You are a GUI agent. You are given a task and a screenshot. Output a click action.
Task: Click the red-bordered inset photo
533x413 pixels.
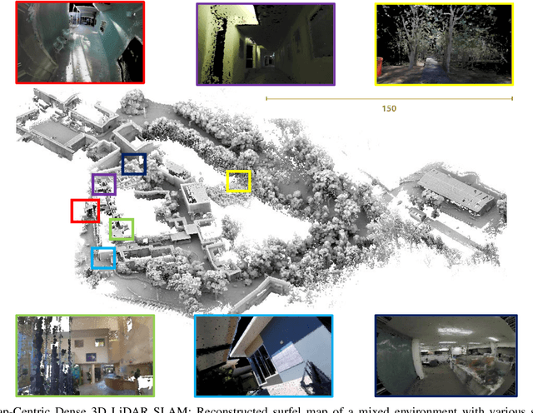(x=79, y=42)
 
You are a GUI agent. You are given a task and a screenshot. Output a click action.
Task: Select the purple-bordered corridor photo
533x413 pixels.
(x=265, y=43)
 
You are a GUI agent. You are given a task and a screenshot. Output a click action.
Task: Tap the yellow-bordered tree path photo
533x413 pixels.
(x=444, y=43)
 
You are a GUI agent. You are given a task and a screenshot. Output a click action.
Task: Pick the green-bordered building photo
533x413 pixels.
(x=85, y=355)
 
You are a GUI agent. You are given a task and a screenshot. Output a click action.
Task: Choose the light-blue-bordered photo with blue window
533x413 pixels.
(x=263, y=355)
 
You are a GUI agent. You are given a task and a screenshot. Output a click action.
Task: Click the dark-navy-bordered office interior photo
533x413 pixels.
(x=443, y=355)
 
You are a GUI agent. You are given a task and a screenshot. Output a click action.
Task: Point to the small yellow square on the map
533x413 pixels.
(x=239, y=181)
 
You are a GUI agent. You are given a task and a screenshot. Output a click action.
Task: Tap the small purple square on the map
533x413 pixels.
(x=103, y=184)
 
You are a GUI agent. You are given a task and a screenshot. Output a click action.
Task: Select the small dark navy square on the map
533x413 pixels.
(x=133, y=164)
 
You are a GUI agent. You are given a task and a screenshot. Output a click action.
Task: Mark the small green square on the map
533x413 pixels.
(x=122, y=229)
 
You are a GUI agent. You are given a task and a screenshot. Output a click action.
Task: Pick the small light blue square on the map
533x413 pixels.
(x=103, y=258)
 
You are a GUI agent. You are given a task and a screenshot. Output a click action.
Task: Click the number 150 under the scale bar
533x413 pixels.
(x=389, y=109)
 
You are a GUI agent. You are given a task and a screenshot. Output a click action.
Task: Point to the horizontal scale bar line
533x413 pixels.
(x=388, y=99)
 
